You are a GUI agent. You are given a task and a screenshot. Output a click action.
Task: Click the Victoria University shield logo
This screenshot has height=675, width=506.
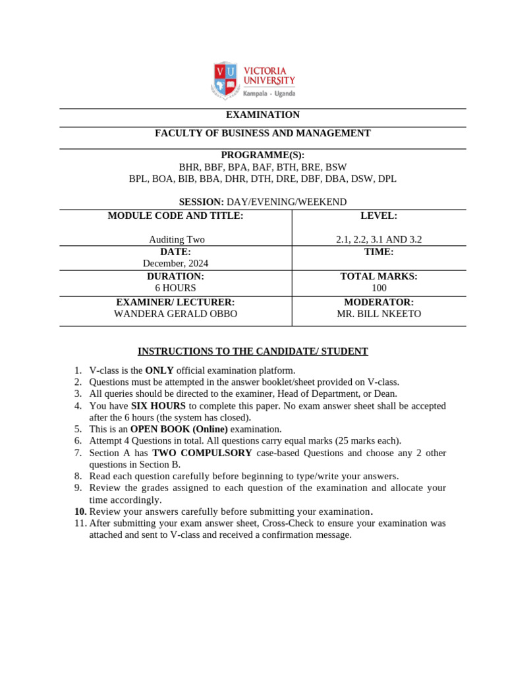[x=225, y=80]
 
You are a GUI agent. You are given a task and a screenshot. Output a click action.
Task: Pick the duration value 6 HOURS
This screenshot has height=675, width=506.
[x=175, y=288]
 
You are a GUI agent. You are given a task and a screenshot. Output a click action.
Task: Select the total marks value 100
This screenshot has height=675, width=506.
[x=379, y=288]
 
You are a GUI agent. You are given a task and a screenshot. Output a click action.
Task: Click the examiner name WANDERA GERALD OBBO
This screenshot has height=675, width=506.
[x=175, y=314]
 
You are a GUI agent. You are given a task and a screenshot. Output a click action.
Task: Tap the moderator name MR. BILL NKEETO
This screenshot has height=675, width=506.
[x=379, y=314]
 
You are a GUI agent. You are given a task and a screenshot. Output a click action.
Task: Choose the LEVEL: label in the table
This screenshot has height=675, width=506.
[x=379, y=216]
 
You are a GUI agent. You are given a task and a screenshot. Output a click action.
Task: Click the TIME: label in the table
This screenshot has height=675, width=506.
[x=379, y=252]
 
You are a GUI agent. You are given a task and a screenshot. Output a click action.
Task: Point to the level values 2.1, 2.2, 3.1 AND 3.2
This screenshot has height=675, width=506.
[x=379, y=240]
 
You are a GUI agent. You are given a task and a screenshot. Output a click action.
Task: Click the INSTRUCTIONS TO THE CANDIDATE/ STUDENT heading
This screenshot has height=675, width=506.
[x=252, y=351]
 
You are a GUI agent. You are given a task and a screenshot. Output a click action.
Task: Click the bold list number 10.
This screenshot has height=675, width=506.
[x=80, y=512]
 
